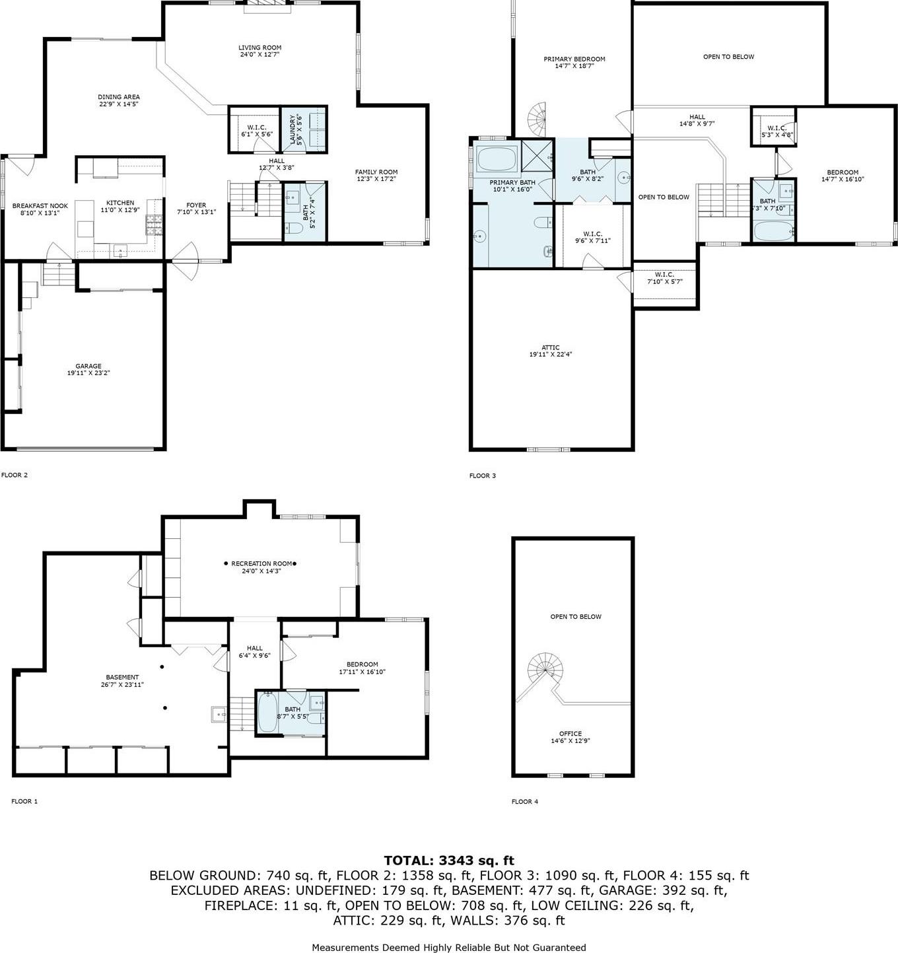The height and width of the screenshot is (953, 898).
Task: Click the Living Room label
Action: [x=259, y=48]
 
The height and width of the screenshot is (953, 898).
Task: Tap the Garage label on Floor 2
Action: [x=88, y=366]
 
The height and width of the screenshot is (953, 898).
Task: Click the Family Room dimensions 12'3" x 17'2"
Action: [x=376, y=179]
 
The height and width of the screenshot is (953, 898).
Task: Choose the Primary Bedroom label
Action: [x=574, y=59]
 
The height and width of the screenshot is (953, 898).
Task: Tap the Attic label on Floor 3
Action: [x=550, y=347]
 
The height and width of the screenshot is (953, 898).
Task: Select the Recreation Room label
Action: [x=261, y=563]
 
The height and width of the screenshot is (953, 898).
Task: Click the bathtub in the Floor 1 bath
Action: [x=267, y=714]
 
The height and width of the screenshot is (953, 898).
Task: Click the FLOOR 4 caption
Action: [x=524, y=802]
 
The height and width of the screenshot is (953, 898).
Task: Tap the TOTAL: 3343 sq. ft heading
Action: [x=449, y=861]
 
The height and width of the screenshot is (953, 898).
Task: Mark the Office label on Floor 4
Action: [x=570, y=734]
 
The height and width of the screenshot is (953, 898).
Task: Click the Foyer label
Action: [x=196, y=205]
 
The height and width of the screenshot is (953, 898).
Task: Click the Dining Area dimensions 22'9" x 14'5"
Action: [x=119, y=104]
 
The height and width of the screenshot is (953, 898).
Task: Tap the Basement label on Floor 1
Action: [x=122, y=677]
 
